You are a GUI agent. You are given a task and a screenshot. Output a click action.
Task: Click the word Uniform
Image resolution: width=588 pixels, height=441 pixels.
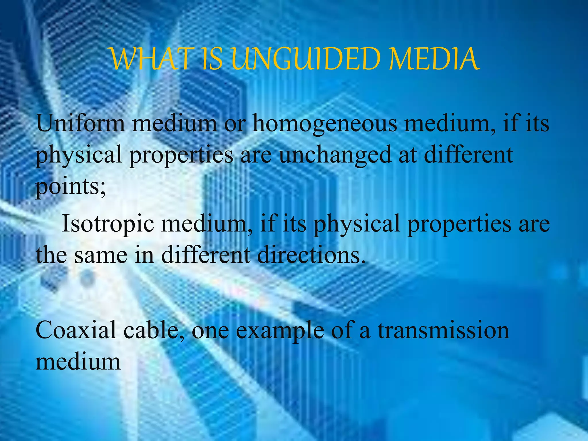coord(80,123)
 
